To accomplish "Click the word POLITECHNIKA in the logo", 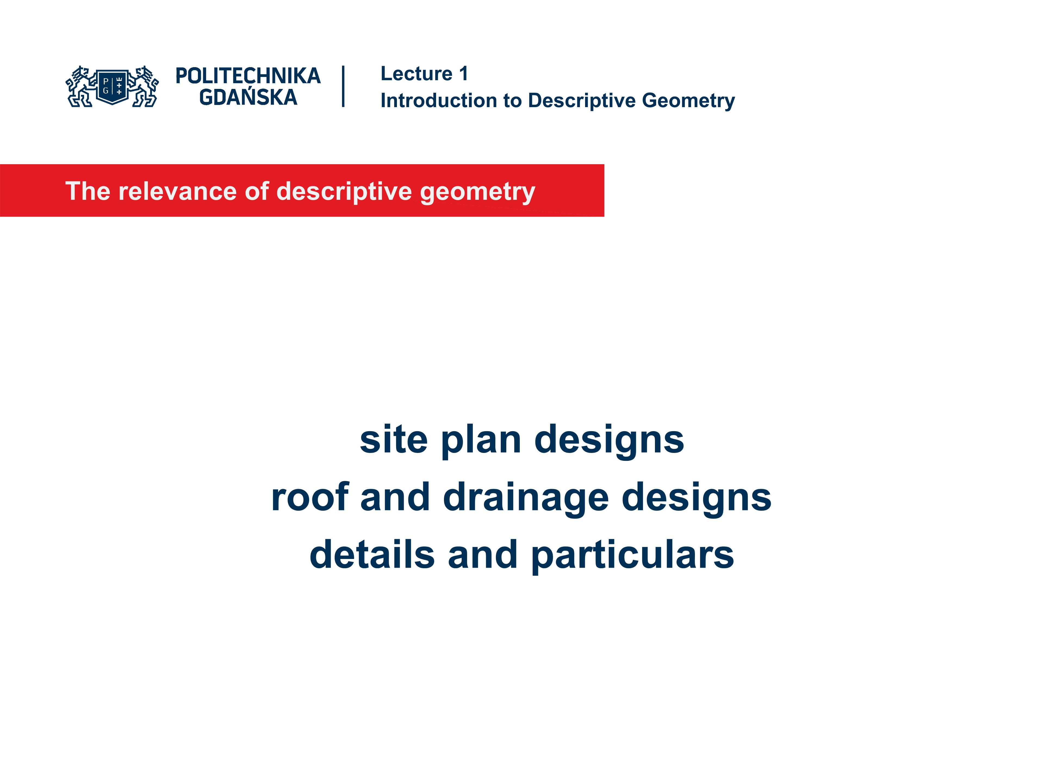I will click(248, 76).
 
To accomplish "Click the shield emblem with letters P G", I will click(112, 86).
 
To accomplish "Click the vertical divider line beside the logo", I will click(343, 86).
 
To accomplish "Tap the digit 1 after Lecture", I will click(464, 74).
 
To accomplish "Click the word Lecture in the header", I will click(416, 74).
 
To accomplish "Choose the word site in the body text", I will click(394, 439).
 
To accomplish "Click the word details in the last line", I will click(372, 555).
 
